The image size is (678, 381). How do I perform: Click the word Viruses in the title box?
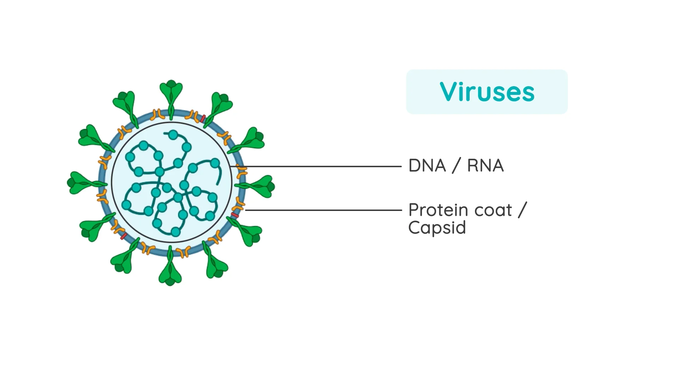tap(487, 92)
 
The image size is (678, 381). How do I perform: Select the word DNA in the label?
tap(427, 166)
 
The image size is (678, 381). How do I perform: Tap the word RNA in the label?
tap(485, 166)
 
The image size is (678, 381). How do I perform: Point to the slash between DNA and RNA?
tap(456, 166)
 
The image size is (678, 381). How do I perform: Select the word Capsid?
tap(437, 228)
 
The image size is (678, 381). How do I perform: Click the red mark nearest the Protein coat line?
tap(235, 215)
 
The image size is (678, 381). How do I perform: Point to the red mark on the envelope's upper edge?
tap(203, 119)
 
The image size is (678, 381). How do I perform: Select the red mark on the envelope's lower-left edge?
tap(124, 236)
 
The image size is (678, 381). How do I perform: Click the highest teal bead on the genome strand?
tap(173, 134)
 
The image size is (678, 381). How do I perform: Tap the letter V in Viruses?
tap(448, 92)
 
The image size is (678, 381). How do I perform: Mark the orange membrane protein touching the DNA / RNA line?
tap(241, 171)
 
